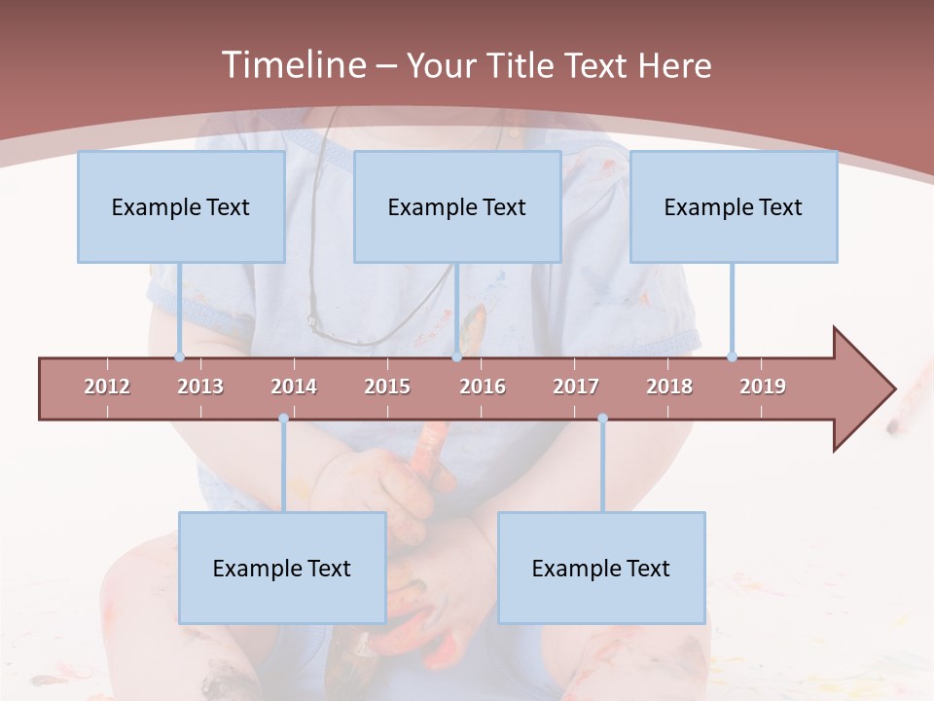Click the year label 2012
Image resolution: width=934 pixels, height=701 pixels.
click(x=107, y=387)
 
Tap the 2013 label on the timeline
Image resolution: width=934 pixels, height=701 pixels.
click(x=200, y=387)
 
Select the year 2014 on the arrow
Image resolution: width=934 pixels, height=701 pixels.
click(x=294, y=387)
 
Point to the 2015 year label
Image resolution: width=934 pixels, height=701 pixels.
click(x=387, y=387)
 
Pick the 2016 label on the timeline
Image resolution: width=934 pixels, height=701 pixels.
click(x=483, y=387)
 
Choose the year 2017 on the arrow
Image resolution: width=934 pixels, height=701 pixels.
click(x=576, y=387)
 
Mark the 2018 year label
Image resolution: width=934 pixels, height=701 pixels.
click(x=669, y=387)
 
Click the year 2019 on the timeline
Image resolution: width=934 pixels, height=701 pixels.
click(x=763, y=387)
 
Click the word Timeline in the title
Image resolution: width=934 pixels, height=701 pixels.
click(x=291, y=65)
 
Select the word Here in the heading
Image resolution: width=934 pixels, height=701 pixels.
click(x=674, y=65)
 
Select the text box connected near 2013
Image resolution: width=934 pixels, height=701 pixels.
click(x=181, y=206)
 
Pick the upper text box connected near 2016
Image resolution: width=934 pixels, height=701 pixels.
click(x=457, y=206)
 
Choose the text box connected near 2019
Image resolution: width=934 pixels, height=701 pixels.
click(x=734, y=206)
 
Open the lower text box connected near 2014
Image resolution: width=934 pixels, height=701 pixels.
click(x=282, y=568)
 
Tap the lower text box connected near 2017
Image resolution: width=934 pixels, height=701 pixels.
click(x=601, y=568)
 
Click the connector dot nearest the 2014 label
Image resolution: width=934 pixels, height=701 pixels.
click(x=283, y=418)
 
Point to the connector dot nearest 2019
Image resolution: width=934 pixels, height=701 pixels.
click(x=732, y=356)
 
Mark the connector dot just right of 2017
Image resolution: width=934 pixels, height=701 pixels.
click(x=602, y=418)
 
